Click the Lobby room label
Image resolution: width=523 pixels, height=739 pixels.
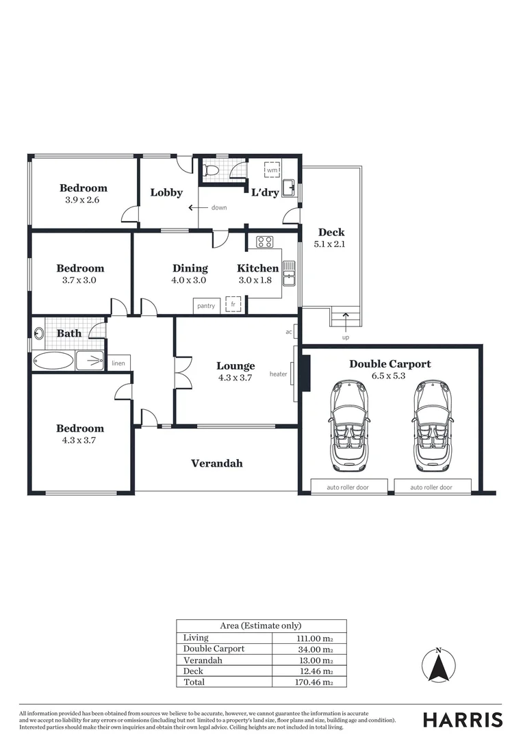[166, 192]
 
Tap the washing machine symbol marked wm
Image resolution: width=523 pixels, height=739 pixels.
[272, 170]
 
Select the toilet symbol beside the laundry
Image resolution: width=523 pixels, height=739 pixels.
[212, 170]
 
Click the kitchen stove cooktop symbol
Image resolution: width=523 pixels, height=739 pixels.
[265, 242]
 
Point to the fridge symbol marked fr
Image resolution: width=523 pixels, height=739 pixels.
[233, 304]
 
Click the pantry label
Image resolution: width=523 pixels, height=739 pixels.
[206, 306]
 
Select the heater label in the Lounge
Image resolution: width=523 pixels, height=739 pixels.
[278, 374]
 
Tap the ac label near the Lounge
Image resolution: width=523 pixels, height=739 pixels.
[288, 332]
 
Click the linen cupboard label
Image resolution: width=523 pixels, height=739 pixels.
[118, 363]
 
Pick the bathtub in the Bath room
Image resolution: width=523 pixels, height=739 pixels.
[53, 361]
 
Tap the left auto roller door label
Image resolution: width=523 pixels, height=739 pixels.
[348, 487]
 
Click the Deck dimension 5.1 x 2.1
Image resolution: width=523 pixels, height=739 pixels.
[331, 244]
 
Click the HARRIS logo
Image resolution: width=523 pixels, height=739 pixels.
[462, 720]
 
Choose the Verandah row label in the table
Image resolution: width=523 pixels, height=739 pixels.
[203, 660]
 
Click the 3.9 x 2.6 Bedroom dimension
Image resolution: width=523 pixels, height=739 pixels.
[83, 200]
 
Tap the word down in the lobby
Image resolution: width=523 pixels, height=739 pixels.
[219, 207]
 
